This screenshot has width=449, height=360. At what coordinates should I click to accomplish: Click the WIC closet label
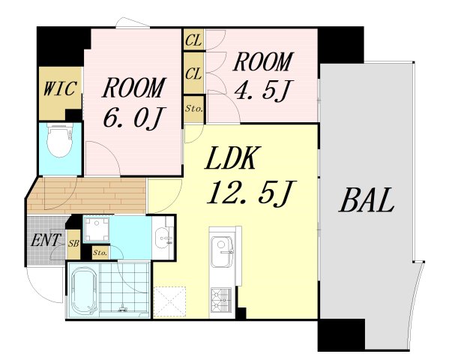point(61,88)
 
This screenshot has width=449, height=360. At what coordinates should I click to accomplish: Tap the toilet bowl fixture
point(60,141)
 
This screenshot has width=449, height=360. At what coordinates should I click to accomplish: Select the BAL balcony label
point(367,200)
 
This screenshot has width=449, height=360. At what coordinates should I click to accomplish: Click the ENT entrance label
point(46,240)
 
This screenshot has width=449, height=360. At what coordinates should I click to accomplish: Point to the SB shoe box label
point(73,244)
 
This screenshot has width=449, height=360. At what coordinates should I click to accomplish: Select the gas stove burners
point(221,300)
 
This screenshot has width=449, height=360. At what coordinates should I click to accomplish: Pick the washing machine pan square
point(97,229)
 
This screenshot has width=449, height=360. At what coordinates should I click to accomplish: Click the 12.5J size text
point(251,193)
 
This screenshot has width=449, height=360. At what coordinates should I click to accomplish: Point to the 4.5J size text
point(262,90)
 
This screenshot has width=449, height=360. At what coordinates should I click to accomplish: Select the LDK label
point(230,157)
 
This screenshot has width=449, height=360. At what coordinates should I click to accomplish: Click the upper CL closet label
point(193,40)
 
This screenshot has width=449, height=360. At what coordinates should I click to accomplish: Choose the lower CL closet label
point(193,73)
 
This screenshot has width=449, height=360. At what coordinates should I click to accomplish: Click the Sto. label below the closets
point(194,109)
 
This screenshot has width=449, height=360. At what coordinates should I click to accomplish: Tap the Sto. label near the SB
point(100,253)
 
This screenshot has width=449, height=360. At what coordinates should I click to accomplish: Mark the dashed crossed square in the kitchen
point(170,301)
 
